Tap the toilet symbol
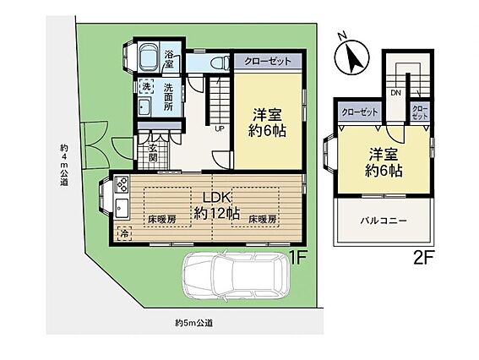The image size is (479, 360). click(220, 63)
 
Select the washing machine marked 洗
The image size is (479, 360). click(146, 86)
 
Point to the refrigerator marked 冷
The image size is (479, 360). click(124, 233)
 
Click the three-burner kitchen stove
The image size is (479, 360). click(122, 184)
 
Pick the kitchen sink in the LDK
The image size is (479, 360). click(122, 208)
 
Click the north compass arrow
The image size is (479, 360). click(353, 57)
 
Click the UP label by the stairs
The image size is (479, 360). click(220, 128)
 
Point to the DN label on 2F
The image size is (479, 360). click(395, 93)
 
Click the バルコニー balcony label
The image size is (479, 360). click(384, 221)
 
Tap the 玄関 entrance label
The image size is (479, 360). click(153, 152)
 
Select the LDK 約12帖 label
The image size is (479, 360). click(217, 206)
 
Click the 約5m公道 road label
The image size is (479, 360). click(194, 323)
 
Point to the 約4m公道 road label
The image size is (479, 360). click(64, 165)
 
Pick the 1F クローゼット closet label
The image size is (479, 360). click(268, 61)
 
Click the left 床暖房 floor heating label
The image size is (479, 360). click(162, 219)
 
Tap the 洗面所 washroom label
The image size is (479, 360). click(168, 97)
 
